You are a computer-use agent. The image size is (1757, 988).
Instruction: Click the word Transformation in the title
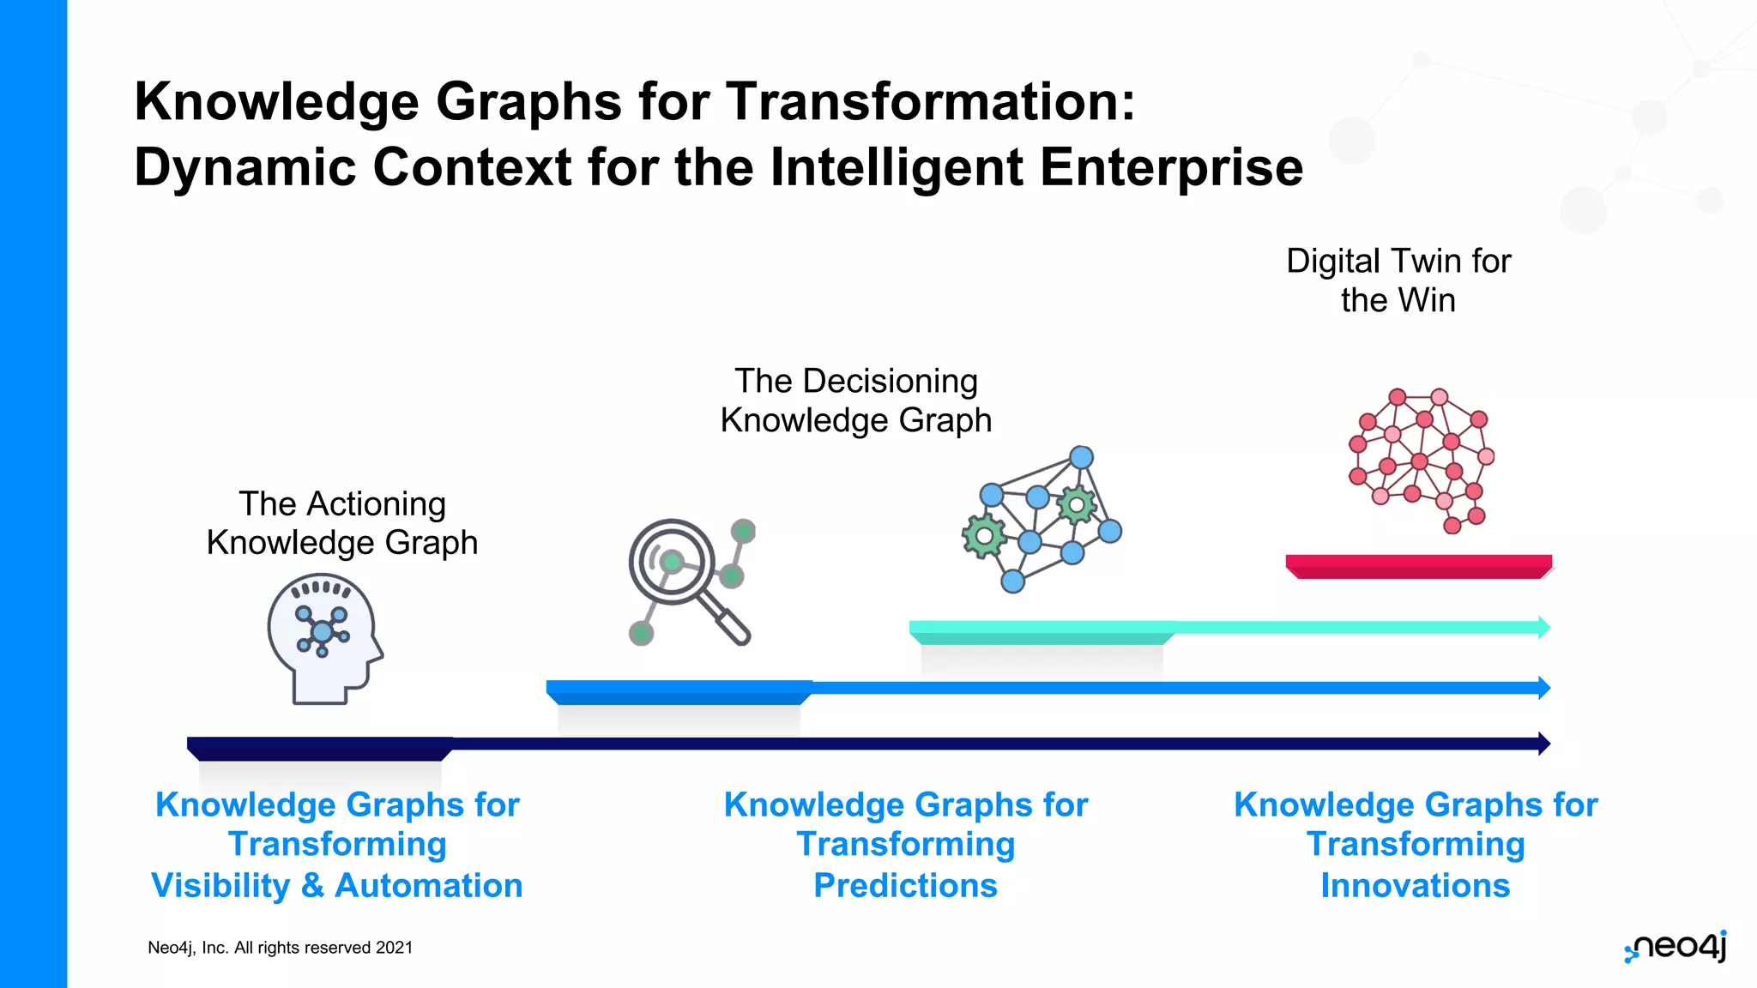(x=931, y=101)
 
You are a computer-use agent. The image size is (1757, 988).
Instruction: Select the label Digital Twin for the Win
(x=1398, y=280)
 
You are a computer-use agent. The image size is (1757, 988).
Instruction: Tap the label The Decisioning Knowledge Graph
(x=855, y=401)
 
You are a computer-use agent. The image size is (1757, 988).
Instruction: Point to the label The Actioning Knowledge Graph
(x=341, y=523)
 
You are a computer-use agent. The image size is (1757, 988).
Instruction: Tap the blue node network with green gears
(x=1041, y=518)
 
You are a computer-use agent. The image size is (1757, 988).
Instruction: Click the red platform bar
(x=1418, y=566)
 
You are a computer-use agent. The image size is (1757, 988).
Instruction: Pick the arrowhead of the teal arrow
(x=1543, y=627)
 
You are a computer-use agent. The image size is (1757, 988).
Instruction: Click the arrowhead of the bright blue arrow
(x=1543, y=688)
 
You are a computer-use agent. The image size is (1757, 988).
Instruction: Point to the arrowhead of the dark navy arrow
(x=1543, y=744)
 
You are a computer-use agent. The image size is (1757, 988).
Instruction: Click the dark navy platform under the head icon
(x=319, y=748)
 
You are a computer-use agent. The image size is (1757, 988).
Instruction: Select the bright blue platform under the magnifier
(x=678, y=692)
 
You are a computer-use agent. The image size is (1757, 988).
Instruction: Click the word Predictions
(x=905, y=885)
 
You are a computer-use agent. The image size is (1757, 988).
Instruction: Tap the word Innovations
(x=1415, y=885)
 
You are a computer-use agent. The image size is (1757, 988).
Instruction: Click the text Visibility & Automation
(x=336, y=885)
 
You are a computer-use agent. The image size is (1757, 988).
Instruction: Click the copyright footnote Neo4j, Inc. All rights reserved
(x=280, y=948)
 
